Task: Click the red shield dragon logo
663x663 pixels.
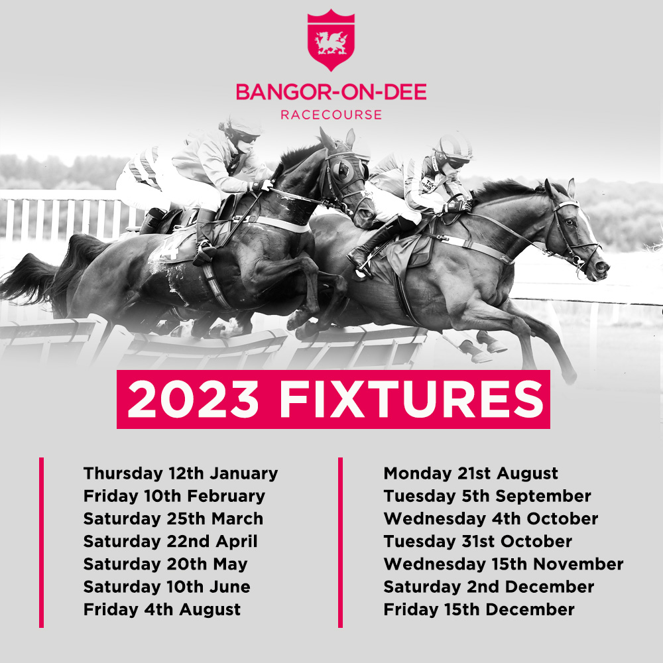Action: pos(331,40)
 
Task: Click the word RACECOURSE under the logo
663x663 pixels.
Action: pos(331,115)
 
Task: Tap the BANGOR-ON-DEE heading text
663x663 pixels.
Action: pos(331,91)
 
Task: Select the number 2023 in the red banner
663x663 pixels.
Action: pos(193,399)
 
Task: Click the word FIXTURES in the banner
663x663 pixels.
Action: pos(412,399)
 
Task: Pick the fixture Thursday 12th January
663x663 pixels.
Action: pos(180,473)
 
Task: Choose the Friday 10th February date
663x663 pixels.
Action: pos(174,496)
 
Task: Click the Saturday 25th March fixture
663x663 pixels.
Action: pos(173,519)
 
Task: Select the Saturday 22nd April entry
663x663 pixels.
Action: pos(170,542)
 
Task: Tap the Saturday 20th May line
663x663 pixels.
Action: pos(165,564)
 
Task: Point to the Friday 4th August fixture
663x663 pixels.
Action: pos(162,610)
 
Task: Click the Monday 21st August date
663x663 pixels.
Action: pos(471,473)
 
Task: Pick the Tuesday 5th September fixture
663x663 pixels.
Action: pos(487,496)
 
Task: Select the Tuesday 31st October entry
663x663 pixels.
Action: pos(478,542)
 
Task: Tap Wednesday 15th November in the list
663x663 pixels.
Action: pos(504,564)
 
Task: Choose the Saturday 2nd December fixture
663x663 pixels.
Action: pos(489,587)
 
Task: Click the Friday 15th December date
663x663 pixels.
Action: pos(479,610)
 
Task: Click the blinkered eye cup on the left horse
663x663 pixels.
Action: pos(341,170)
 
